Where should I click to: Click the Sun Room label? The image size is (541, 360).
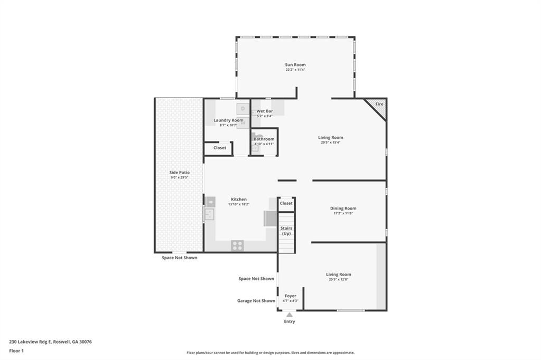[295, 64]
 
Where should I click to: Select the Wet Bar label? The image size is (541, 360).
[265, 111]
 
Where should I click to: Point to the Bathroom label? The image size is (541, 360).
[264, 139]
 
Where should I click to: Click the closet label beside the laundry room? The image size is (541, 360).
[220, 148]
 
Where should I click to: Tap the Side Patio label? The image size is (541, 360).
[179, 173]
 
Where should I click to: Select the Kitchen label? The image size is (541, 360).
[238, 200]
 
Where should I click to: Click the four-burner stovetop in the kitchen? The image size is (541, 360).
[238, 245]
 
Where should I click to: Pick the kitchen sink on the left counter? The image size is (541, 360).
[209, 214]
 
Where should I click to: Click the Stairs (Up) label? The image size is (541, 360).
[286, 231]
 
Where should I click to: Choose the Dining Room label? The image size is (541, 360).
[343, 208]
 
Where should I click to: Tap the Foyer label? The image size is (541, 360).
[291, 296]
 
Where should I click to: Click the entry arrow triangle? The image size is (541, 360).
[290, 315]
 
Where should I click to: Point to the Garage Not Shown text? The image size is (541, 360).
[256, 301]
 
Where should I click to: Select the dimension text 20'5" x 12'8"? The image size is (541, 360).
[339, 279]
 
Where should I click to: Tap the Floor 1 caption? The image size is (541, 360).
[16, 350]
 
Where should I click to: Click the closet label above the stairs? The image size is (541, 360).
[286, 203]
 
